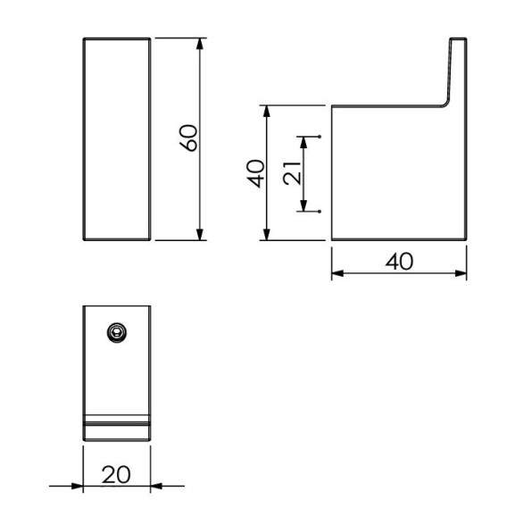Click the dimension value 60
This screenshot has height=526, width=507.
[x=187, y=139]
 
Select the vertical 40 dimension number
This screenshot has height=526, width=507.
[x=256, y=172]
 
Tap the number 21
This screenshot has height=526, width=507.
[x=290, y=173]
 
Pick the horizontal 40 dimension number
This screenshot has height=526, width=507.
[x=399, y=261]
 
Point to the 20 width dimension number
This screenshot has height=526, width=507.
[x=116, y=474]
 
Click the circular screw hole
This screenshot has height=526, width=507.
[x=115, y=331]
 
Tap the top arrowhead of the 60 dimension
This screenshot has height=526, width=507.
[x=199, y=43]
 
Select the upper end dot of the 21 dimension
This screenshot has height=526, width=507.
[x=320, y=137]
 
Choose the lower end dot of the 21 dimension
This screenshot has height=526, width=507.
[x=320, y=211]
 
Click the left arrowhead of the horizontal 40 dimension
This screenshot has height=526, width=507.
[x=337, y=274]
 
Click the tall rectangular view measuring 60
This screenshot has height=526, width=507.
[x=117, y=139]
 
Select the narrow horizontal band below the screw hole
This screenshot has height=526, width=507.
[x=117, y=420]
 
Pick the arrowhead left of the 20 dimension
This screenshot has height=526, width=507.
[x=79, y=486]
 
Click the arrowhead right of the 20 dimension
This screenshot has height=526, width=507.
[x=155, y=486]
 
